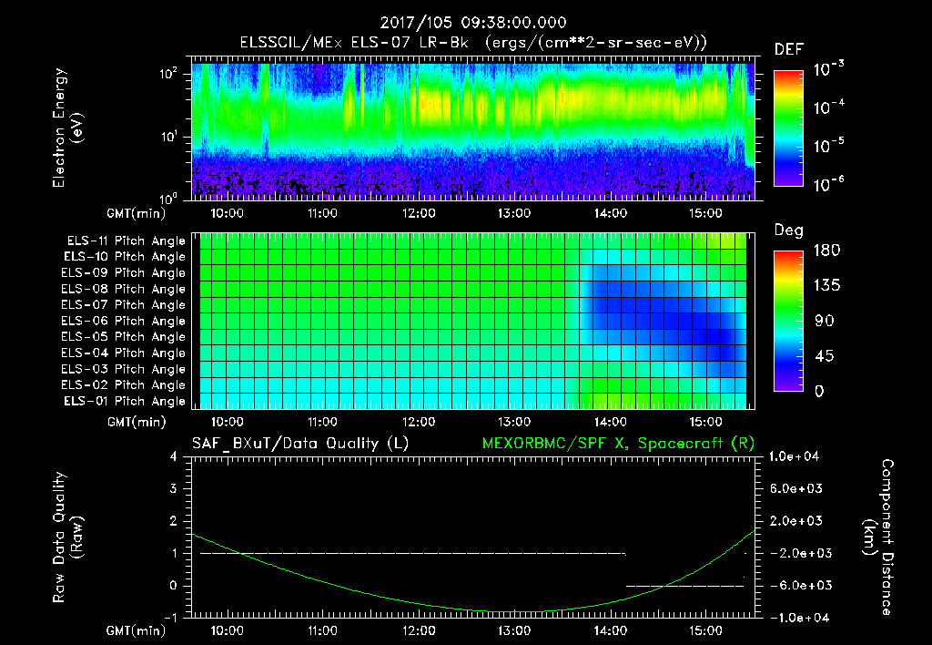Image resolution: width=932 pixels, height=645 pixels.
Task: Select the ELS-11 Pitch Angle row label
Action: click(124, 241)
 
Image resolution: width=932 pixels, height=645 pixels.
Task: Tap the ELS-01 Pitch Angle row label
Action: click(124, 401)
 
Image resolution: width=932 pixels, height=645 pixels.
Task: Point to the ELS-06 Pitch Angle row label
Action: click(124, 321)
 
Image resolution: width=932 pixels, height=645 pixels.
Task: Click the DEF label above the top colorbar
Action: click(788, 49)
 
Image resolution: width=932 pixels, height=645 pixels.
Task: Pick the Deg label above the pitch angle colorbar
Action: click(788, 230)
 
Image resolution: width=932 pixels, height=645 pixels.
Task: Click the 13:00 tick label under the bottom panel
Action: click(514, 630)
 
